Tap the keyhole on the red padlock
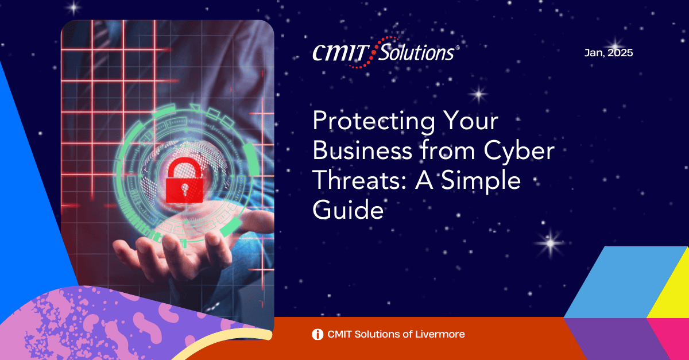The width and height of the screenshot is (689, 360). [184, 189]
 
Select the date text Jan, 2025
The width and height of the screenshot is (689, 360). [609, 53]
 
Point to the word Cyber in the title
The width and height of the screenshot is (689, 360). [519, 150]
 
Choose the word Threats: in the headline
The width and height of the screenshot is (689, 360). [360, 180]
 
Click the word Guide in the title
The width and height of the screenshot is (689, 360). [348, 210]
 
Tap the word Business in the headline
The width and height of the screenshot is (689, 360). [362, 150]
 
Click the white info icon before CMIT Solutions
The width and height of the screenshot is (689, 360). [318, 334]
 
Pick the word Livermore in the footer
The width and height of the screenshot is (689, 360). [440, 334]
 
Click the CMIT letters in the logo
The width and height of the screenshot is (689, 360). [340, 53]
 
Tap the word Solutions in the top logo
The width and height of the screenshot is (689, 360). [416, 52]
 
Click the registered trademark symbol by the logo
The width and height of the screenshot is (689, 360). [458, 48]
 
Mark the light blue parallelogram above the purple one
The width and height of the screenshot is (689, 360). [625, 282]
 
